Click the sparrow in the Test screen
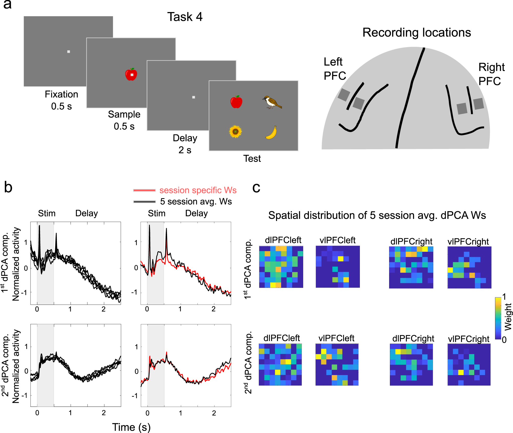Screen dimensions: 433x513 coord(272,102)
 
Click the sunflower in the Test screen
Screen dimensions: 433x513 coord(235,132)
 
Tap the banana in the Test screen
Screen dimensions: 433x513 coord(271,133)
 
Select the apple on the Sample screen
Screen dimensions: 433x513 coord(131,75)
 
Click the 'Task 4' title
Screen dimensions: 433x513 coord(185,17)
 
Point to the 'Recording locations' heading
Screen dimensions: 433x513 coord(416,33)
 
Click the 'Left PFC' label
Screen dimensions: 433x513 coord(334,69)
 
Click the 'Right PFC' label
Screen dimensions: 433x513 coord(491,74)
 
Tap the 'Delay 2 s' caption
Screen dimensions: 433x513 coord(185,144)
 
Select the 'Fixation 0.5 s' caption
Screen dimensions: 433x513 coord(61,100)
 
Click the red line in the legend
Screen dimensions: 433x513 coord(144,190)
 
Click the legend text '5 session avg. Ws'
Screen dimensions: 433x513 coord(196,202)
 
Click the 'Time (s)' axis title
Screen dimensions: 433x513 coord(131,427)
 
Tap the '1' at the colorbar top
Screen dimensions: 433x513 coord(504,297)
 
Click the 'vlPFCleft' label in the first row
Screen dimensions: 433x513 coord(337,240)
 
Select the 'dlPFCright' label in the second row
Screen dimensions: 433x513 coord(413,338)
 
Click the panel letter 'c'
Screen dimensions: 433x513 coord(256,188)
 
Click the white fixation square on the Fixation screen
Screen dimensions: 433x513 coord(68,52)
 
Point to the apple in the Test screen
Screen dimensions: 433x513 coord(236,102)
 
